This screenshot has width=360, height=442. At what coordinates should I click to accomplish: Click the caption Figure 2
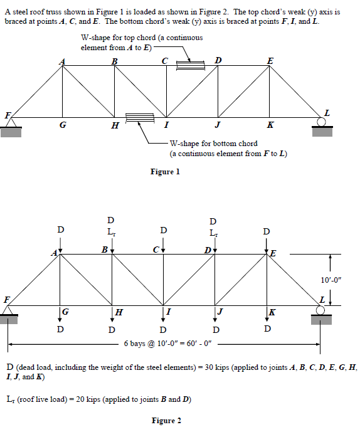tap(166, 420)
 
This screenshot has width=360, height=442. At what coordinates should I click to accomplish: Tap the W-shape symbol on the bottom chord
tap(139, 117)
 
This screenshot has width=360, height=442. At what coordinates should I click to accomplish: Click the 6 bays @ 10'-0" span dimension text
tap(168, 344)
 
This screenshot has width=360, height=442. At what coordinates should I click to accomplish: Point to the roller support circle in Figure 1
tap(322, 122)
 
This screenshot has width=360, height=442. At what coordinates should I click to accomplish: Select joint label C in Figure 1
tap(164, 60)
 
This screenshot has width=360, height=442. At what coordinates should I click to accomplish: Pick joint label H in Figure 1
tap(114, 126)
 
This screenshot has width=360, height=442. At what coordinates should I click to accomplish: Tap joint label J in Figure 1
tap(216, 125)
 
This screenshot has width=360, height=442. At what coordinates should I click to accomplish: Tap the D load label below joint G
tap(60, 329)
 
